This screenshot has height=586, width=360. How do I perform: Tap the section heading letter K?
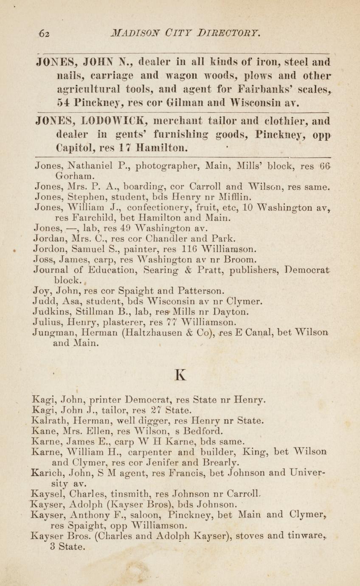coord(180,374)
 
